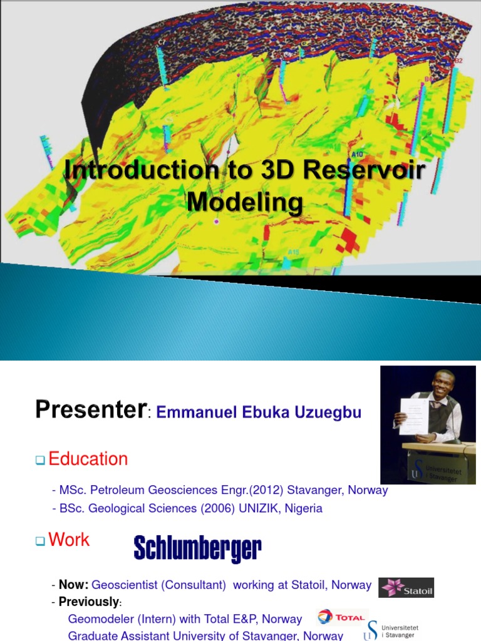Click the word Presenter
tap(90, 410)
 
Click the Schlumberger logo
tap(197, 549)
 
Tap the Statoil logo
tap(406, 588)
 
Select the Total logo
tap(342, 617)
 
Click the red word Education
tap(88, 459)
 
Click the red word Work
tap(69, 540)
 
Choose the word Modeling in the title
tap(245, 202)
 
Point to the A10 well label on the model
tap(358, 153)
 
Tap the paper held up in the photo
tap(415, 417)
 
